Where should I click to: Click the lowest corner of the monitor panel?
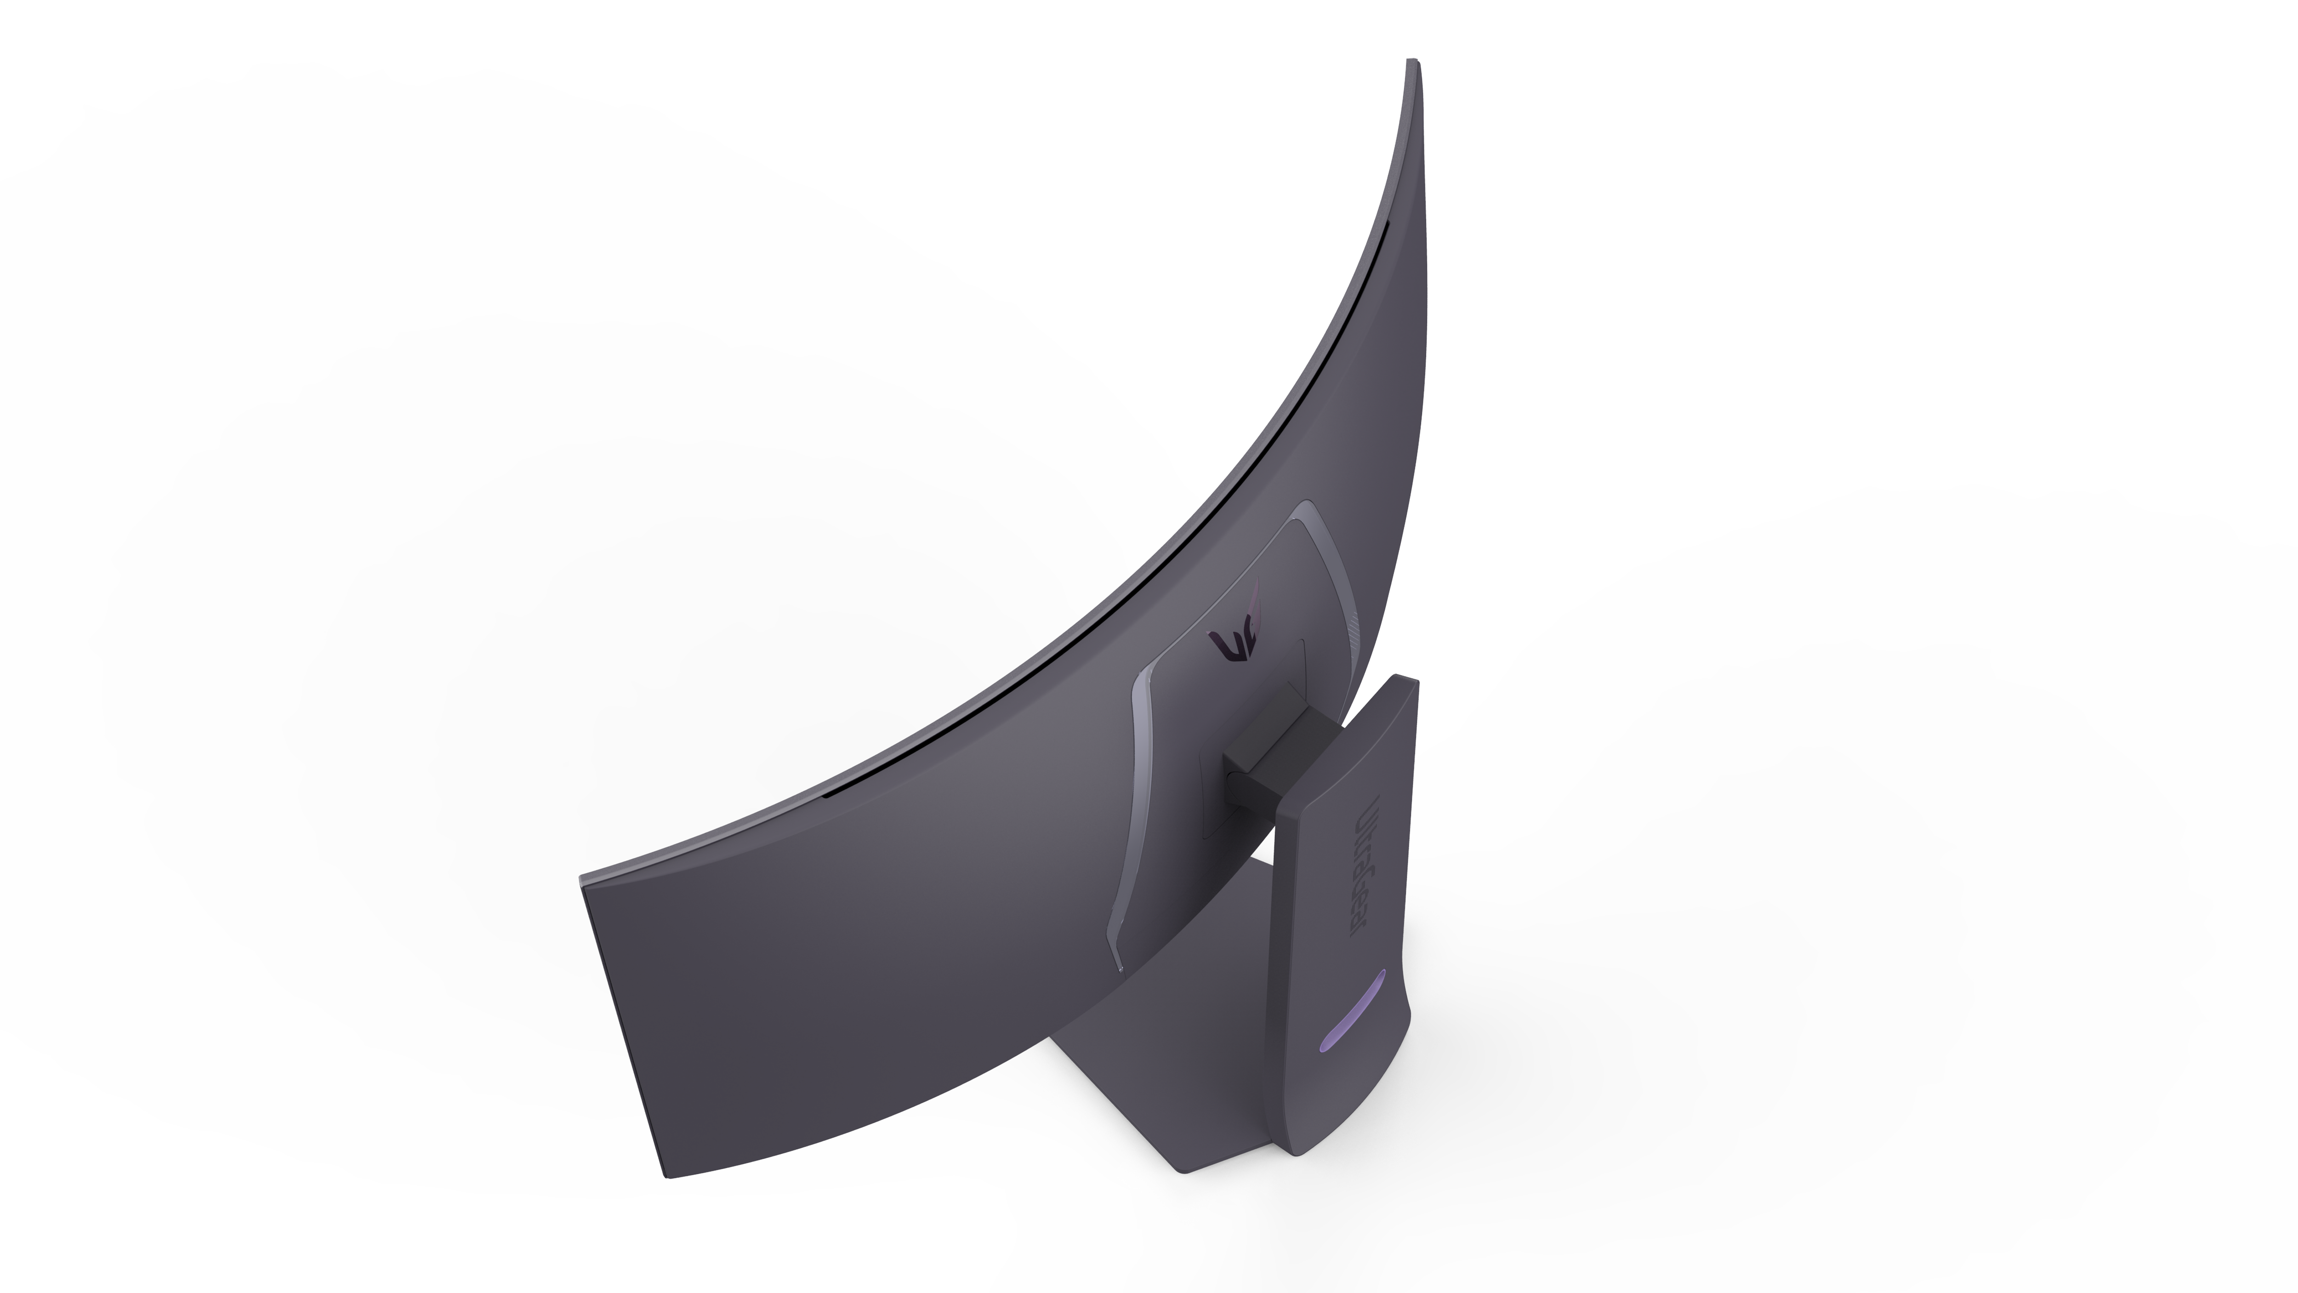coord(669,1176)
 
